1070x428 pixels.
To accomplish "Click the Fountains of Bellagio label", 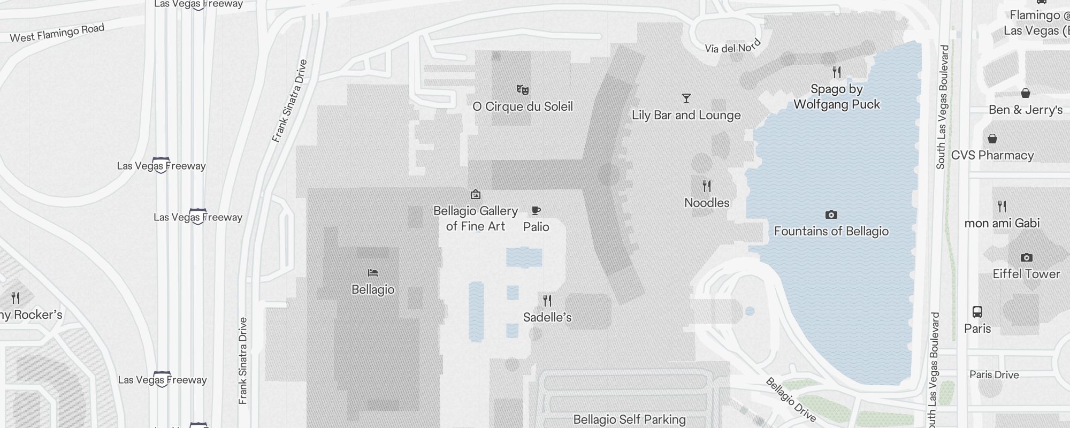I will [831, 231].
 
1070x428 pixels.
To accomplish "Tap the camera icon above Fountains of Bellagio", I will [831, 215].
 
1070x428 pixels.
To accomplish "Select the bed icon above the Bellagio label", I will [373, 273].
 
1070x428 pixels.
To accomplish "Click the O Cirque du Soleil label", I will [523, 106].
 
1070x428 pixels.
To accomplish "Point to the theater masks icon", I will [523, 89].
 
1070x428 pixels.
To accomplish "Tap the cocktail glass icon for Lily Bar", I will [686, 98].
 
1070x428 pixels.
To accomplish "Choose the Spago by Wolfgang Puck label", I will [836, 97].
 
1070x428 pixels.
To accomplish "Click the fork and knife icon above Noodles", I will [707, 186].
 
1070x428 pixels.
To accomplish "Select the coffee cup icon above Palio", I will [536, 211].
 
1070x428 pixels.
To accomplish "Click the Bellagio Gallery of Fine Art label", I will [476, 218].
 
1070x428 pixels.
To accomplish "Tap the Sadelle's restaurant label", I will [547, 317].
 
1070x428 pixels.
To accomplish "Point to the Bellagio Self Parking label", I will [629, 419].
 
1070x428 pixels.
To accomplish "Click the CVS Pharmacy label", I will [992, 155].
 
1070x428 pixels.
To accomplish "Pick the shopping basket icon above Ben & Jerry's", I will [1025, 93].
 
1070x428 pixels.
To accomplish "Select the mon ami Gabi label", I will [1002, 223].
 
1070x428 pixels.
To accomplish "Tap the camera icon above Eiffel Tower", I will [1026, 257].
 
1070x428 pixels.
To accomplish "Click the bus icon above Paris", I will [977, 311].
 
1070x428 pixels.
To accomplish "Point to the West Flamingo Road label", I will [57, 33].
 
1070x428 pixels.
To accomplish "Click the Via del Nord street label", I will [732, 47].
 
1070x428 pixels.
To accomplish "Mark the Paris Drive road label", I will [994, 374].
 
